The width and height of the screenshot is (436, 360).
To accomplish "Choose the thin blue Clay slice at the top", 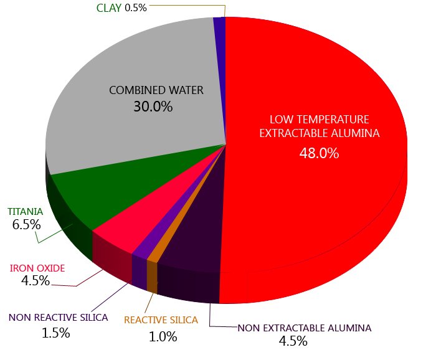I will point(219,22).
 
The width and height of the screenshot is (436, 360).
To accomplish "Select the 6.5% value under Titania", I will point(26,224).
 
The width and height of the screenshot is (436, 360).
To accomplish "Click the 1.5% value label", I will point(55,333).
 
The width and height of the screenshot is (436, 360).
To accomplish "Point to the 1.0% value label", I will point(163,336).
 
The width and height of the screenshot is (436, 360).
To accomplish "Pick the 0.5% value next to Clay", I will point(136,8).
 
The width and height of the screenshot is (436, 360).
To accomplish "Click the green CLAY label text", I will point(109,8).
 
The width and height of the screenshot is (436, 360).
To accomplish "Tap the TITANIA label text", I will point(25,211).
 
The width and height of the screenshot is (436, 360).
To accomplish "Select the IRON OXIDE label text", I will point(37,268).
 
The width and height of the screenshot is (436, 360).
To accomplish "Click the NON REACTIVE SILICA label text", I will point(58,317).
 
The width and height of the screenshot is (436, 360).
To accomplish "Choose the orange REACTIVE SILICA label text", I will point(161,320).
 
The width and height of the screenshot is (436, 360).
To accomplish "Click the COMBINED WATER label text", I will point(156,90).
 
